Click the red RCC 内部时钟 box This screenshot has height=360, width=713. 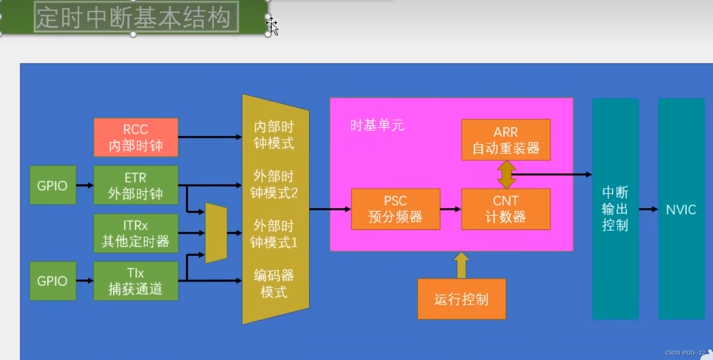[136, 137]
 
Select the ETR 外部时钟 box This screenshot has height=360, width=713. [136, 185]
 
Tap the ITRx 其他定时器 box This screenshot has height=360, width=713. [136, 233]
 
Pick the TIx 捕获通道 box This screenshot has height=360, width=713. [136, 281]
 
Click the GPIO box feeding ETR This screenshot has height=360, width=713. [53, 185]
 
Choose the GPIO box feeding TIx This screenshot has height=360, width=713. [53, 281]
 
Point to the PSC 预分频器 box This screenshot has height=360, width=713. [395, 209]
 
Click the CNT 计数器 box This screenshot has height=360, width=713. [506, 209]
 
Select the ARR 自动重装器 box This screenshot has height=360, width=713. [506, 140]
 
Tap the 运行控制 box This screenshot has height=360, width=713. [461, 299]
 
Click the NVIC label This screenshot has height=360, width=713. [681, 210]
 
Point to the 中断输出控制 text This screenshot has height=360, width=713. [615, 209]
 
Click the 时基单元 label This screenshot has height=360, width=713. [377, 126]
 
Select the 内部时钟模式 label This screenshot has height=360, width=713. [274, 135]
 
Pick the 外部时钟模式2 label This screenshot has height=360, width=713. [274, 184]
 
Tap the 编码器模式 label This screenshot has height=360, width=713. [274, 284]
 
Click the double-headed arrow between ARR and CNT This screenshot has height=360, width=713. [506, 175]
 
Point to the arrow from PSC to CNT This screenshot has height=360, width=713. [451, 209]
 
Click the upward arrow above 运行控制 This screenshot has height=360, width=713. [461, 265]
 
